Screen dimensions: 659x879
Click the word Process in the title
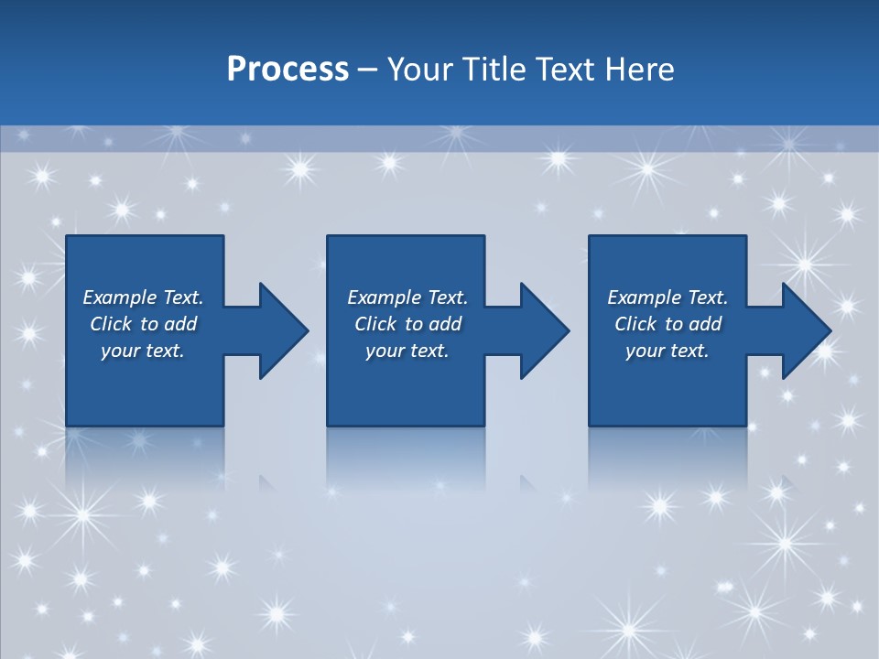[x=288, y=70]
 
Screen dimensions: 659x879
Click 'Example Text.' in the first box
[x=143, y=297]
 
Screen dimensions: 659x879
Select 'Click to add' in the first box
[x=143, y=324]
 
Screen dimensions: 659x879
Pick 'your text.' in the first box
[x=143, y=351]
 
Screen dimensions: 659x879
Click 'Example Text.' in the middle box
[x=407, y=297]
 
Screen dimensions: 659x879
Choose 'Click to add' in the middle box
[x=407, y=324]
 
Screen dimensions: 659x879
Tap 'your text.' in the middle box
[x=407, y=351]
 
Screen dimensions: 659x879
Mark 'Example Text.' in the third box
[x=667, y=297]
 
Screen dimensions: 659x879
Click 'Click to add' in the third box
[x=667, y=324]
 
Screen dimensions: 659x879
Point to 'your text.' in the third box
[x=667, y=351]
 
